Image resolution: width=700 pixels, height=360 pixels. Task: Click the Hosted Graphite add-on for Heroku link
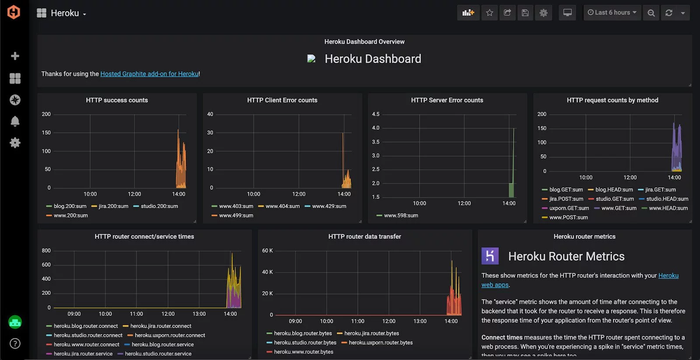pyautogui.click(x=150, y=74)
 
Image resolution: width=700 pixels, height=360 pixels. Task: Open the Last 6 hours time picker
pyautogui.click(x=612, y=13)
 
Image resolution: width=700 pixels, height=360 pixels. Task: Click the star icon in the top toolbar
pyautogui.click(x=490, y=13)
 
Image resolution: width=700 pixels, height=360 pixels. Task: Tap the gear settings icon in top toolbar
pyautogui.click(x=543, y=13)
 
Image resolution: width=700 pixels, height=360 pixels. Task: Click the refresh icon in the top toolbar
pyautogui.click(x=668, y=13)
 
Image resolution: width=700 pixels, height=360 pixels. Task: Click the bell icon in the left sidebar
pyautogui.click(x=15, y=121)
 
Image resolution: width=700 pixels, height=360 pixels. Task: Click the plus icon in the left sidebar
pyautogui.click(x=15, y=56)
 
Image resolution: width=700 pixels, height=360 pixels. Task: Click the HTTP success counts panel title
pyautogui.click(x=117, y=100)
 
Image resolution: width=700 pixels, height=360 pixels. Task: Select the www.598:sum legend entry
pyautogui.click(x=401, y=215)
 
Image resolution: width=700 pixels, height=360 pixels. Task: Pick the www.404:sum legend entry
pyautogui.click(x=282, y=206)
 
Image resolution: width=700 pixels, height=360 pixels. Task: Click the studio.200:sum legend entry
pyautogui.click(x=159, y=206)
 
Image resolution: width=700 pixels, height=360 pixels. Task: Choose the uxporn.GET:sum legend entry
pyautogui.click(x=569, y=208)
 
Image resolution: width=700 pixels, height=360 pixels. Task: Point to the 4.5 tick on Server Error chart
pyautogui.click(x=375, y=114)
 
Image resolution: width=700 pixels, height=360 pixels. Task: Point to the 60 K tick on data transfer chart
pyautogui.click(x=267, y=251)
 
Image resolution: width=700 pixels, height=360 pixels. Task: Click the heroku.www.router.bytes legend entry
pyautogui.click(x=303, y=352)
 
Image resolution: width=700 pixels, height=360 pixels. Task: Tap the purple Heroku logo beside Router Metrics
pyautogui.click(x=490, y=256)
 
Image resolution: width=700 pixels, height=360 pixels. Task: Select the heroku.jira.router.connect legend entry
pyautogui.click(x=161, y=326)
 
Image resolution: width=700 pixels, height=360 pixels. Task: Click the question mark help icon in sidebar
pyautogui.click(x=15, y=343)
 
